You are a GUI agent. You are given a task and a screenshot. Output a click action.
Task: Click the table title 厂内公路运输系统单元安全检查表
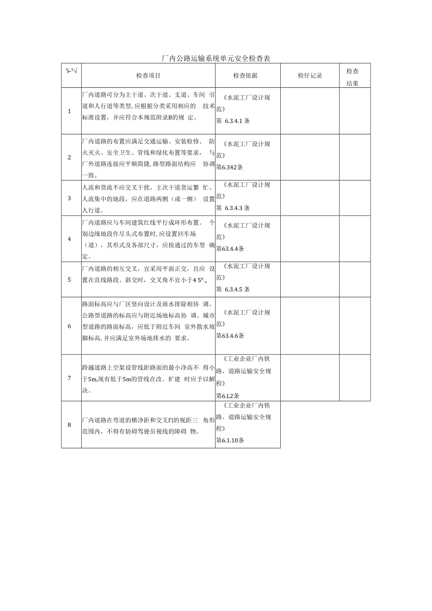[216, 58]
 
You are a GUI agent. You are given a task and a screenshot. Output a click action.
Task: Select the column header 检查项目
[148, 76]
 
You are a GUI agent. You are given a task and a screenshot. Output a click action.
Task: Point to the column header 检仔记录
[310, 76]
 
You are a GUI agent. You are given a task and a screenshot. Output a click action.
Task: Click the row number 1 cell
[69, 111]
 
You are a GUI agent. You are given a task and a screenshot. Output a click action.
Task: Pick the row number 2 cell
[69, 157]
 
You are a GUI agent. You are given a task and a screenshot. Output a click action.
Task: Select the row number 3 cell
[69, 198]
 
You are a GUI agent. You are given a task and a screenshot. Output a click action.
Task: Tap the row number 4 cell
[69, 239]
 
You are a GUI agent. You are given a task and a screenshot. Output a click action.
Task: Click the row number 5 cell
[69, 279]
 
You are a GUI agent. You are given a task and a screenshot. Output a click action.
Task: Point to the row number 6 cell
[69, 325]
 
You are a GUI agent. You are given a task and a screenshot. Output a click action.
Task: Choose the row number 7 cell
[69, 378]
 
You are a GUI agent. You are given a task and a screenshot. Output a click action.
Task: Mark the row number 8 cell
[69, 425]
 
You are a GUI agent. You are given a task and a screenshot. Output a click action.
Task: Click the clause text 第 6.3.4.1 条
[233, 121]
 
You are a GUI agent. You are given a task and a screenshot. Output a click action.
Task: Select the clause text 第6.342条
[230, 167]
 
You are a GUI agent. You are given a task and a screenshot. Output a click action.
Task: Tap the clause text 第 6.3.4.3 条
[233, 208]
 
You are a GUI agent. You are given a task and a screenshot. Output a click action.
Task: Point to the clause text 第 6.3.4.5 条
[233, 289]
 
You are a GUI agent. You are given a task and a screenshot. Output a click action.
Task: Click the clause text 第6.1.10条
[230, 441]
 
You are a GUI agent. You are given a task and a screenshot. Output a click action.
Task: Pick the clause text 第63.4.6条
[230, 336]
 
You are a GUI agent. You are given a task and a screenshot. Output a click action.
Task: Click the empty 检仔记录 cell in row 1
[310, 111]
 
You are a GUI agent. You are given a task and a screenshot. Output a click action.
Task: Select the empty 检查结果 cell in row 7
[355, 378]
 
